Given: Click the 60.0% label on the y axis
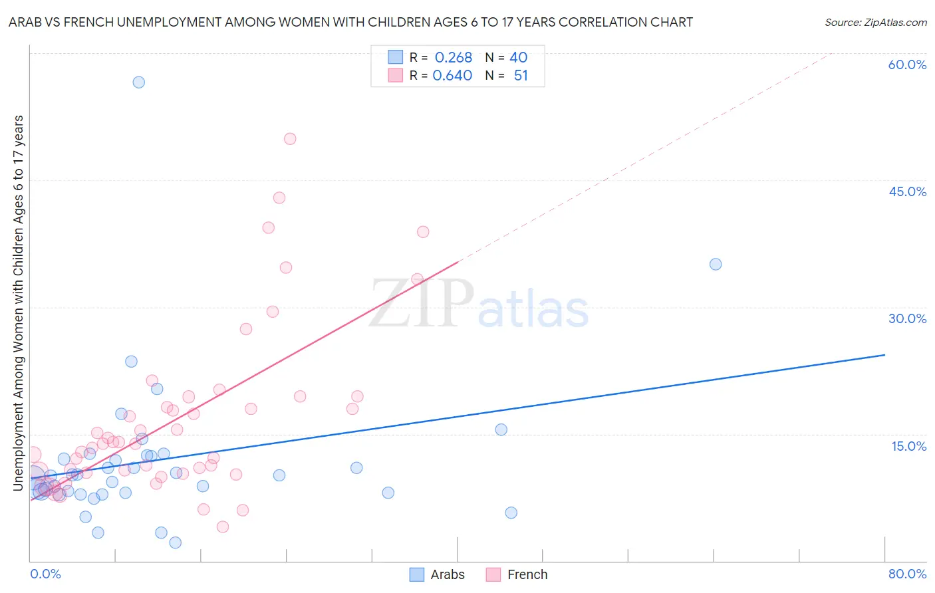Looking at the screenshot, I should [907, 64].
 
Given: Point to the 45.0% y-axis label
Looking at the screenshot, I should [907, 191].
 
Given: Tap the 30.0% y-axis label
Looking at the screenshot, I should [907, 318].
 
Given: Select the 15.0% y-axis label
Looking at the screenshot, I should [908, 446].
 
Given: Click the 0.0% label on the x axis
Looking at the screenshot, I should [45, 574].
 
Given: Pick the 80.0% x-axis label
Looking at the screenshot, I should [907, 574].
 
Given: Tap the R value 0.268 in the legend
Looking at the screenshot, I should [454, 58].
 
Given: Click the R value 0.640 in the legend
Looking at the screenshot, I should [452, 76].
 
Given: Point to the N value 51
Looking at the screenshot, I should [521, 76].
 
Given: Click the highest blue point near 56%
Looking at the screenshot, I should [138, 82].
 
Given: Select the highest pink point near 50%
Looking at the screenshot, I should [290, 139].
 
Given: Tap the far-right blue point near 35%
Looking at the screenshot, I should [716, 264].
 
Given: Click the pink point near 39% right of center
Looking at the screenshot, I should [423, 232].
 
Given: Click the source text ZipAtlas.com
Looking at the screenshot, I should [875, 23].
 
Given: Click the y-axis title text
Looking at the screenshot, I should [19, 303].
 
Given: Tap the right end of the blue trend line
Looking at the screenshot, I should [884, 355].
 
